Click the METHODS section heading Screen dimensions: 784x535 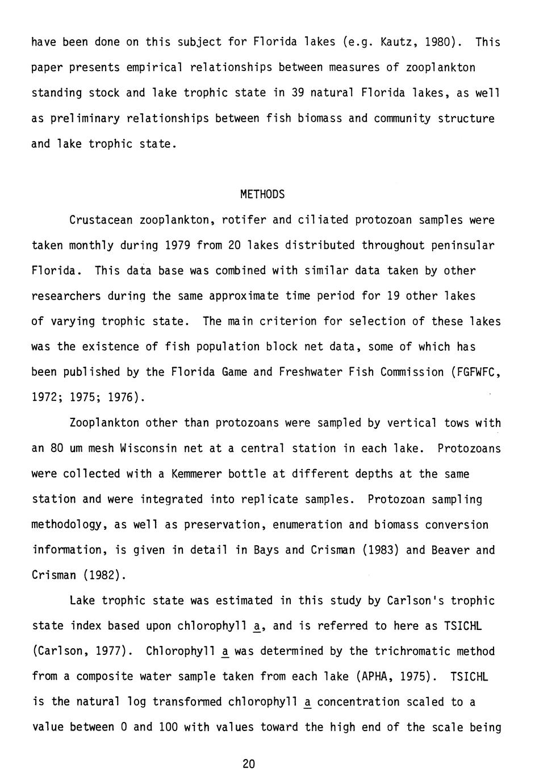coord(262,194)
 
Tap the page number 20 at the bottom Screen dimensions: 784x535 coord(249,764)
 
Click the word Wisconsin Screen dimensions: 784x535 coord(148,448)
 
